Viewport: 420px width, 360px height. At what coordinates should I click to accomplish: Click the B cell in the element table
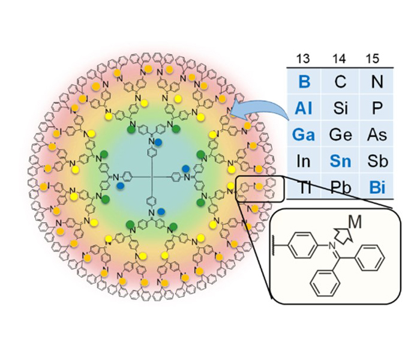pyautogui.click(x=302, y=81)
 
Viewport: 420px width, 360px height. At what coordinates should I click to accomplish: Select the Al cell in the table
pyautogui.click(x=302, y=107)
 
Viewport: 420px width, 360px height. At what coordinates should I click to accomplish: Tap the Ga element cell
pyautogui.click(x=302, y=134)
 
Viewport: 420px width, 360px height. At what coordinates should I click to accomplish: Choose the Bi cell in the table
pyautogui.click(x=377, y=188)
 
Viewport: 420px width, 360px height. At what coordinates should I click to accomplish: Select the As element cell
pyautogui.click(x=377, y=134)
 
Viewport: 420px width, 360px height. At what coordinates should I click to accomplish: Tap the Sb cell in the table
pyautogui.click(x=377, y=161)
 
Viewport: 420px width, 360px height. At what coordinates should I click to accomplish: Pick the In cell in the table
pyautogui.click(x=302, y=161)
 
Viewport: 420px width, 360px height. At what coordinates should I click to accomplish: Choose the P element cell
pyautogui.click(x=377, y=107)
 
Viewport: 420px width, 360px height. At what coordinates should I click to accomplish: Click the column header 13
pyautogui.click(x=302, y=58)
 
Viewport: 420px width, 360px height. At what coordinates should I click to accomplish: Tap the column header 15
pyautogui.click(x=376, y=58)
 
